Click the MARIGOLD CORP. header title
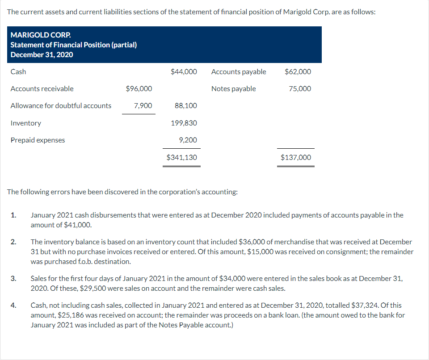click(40, 35)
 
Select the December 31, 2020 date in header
click(42, 54)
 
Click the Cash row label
click(18, 71)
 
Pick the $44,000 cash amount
click(184, 71)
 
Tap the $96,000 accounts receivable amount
click(139, 88)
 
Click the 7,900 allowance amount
click(143, 105)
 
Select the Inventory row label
click(26, 123)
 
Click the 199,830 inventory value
click(184, 123)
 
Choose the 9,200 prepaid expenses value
click(188, 140)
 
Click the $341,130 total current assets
click(181, 157)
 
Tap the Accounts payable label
click(239, 71)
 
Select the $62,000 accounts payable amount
click(298, 71)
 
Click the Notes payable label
click(234, 88)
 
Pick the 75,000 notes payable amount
click(300, 88)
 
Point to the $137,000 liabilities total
click(296, 157)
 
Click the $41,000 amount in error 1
click(78, 225)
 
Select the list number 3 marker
click(13, 278)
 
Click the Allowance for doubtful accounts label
click(61, 105)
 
